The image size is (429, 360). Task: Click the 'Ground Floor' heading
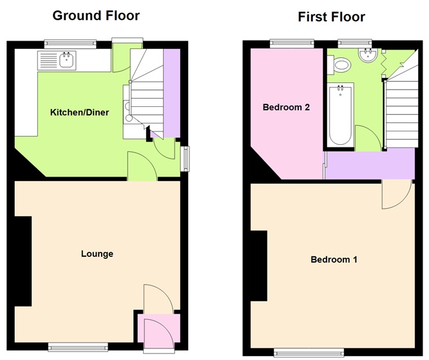click(96, 15)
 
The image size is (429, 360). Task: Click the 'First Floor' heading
click(331, 17)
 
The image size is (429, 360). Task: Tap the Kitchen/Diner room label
click(79, 113)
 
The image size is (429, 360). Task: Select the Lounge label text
click(97, 254)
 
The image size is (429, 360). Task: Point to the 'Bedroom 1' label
click(334, 260)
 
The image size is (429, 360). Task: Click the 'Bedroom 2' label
click(286, 108)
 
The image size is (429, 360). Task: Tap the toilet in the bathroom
click(341, 64)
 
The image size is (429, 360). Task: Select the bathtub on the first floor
click(340, 115)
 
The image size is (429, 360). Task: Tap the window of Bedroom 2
click(290, 44)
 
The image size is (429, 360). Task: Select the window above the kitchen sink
click(71, 44)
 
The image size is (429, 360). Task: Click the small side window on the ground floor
click(185, 158)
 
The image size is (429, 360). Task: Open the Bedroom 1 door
click(396, 193)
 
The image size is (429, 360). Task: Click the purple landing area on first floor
click(368, 164)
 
